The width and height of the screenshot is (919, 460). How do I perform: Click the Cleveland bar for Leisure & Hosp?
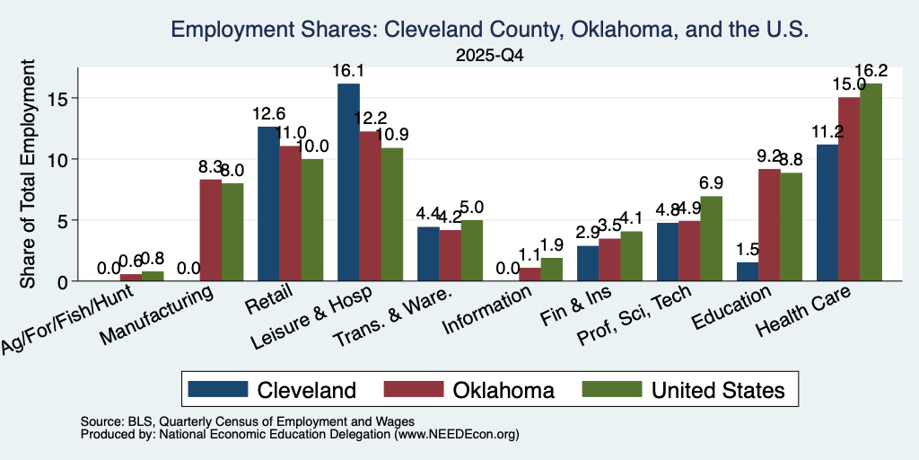coord(349,182)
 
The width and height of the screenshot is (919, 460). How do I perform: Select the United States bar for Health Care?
coord(871,181)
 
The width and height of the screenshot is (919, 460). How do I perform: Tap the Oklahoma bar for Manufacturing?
coord(210,230)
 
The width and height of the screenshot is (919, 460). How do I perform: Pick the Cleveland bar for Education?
coord(748,271)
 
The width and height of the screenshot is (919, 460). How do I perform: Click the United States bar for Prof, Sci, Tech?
coord(711,239)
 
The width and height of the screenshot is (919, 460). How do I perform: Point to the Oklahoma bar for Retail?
coord(290,214)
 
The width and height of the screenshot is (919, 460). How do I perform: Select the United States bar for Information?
coord(552,270)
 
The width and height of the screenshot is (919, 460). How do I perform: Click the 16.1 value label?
coord(348,71)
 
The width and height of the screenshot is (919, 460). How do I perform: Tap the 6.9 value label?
coord(711,183)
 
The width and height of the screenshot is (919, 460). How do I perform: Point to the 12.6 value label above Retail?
coord(268,114)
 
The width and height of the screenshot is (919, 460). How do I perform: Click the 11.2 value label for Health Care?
coord(827,131)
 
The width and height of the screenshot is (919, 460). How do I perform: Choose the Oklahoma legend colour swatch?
coord(413,389)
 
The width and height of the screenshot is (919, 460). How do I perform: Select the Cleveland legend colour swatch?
coord(217,389)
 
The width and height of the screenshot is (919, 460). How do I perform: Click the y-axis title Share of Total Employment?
coord(28,173)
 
